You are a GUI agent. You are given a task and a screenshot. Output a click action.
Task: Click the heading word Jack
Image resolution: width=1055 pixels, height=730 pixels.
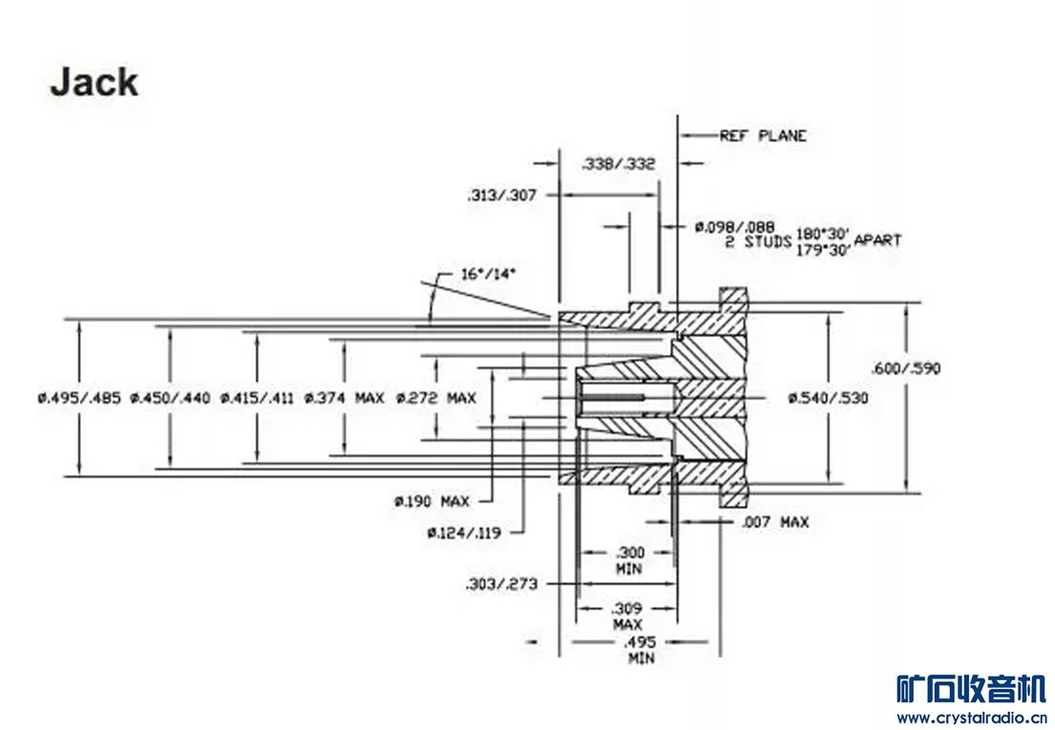tap(94, 82)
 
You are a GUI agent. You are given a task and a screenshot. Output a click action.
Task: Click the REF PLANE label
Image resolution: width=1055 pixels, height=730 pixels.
tap(763, 136)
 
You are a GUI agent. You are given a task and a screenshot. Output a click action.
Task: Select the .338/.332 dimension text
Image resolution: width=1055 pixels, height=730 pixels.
tap(618, 164)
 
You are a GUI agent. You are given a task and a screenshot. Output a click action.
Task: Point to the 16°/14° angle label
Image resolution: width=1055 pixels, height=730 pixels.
tap(489, 274)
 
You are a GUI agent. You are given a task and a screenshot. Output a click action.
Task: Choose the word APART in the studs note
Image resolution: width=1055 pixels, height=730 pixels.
tap(876, 240)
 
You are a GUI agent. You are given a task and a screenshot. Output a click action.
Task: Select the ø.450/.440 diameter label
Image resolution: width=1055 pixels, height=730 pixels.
tap(169, 397)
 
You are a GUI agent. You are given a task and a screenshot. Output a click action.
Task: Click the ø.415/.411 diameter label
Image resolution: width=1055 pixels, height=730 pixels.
tap(258, 397)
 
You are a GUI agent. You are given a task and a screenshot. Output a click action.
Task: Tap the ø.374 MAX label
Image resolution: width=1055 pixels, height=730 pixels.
tap(344, 397)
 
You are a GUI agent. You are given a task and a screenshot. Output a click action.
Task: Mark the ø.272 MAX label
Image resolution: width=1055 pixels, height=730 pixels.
tap(435, 397)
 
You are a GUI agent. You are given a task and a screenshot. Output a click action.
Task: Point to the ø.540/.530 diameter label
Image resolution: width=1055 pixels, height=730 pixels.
tap(828, 397)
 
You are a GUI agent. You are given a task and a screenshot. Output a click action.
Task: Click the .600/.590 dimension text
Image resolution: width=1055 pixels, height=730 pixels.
tap(907, 368)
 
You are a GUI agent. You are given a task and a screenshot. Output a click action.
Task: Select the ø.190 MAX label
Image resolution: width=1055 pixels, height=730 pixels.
tap(432, 501)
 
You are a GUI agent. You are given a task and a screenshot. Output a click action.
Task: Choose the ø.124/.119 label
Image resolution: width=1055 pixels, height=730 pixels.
tap(463, 532)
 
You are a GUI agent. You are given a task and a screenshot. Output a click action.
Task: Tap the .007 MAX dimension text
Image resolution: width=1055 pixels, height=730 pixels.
tap(775, 522)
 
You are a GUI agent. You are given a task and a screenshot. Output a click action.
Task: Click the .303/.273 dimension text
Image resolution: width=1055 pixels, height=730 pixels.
tap(499, 583)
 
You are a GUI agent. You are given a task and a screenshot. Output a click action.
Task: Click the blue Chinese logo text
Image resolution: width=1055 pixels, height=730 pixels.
tap(972, 688)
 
